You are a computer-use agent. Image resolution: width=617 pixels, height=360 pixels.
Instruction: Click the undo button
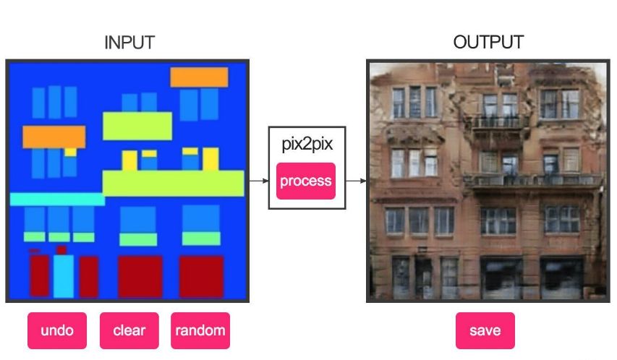[x=57, y=330]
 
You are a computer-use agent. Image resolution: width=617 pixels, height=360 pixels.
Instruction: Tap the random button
[x=200, y=330]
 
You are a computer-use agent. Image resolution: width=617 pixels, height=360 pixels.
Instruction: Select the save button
[x=485, y=330]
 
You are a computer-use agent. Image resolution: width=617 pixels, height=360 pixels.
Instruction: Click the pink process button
[x=305, y=181]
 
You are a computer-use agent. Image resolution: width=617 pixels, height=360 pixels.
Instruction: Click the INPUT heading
[x=129, y=43]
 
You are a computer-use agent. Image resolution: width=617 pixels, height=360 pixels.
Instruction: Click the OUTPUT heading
[x=488, y=43]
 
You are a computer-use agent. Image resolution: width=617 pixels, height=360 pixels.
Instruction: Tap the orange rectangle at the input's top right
[x=199, y=77]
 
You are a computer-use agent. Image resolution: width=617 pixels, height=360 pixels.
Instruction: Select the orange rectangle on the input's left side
[x=54, y=136]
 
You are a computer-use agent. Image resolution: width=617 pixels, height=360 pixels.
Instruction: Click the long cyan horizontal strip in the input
[x=56, y=199]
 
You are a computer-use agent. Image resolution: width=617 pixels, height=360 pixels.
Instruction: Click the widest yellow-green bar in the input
[x=174, y=183]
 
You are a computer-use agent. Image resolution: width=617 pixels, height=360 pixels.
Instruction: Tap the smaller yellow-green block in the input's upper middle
[x=137, y=126]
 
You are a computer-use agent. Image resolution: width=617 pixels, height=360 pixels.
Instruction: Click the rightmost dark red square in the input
[x=202, y=275]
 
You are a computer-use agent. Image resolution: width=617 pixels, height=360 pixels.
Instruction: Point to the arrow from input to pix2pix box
[x=258, y=181]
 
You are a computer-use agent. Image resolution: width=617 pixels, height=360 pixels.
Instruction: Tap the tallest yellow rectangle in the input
[x=210, y=159]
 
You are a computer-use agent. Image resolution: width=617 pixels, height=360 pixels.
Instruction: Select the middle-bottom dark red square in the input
[x=140, y=275]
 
